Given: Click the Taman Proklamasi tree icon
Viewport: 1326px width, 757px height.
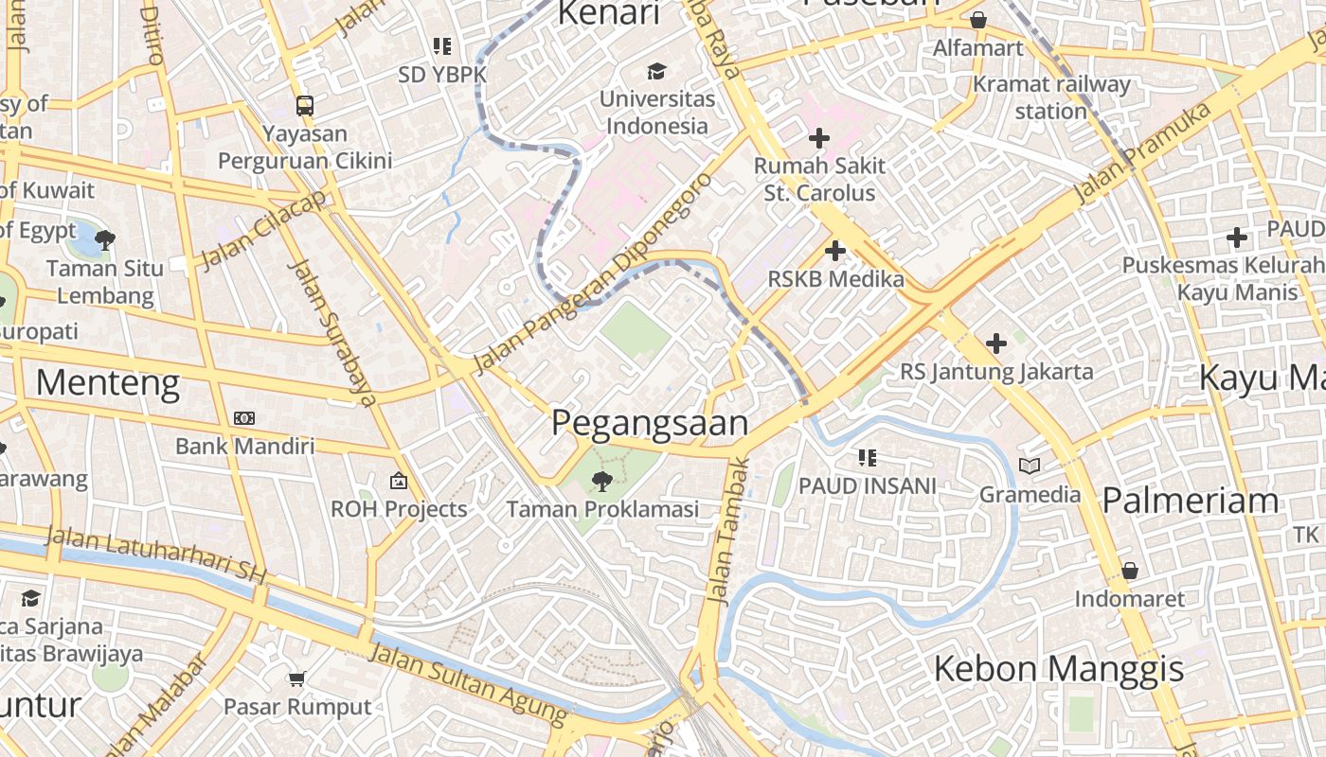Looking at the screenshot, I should (x=600, y=482).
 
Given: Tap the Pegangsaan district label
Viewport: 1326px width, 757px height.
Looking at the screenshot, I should (x=650, y=423).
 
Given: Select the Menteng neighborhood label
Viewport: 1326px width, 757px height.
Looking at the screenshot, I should (x=108, y=383).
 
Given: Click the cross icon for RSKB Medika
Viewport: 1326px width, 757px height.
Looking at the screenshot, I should (x=834, y=252).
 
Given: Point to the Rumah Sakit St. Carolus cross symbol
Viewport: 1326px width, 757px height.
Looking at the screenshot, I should (x=818, y=139).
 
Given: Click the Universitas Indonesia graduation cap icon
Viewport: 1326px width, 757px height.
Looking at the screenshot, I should (x=656, y=72).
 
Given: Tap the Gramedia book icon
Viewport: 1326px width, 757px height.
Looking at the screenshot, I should (x=1030, y=466).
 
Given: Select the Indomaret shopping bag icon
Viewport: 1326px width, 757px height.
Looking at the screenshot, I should (x=1129, y=571).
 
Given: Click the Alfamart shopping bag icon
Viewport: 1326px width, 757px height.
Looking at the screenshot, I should (x=978, y=20).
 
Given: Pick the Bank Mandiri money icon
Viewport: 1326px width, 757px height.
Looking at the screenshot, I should (x=244, y=417).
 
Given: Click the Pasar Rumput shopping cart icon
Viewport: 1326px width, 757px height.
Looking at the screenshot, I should (x=297, y=678).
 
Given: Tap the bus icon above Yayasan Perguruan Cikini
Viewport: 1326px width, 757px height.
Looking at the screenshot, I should (x=304, y=105).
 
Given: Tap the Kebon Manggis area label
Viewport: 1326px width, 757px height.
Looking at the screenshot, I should (x=1058, y=669).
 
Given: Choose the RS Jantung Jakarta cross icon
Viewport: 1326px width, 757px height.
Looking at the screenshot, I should (x=995, y=343).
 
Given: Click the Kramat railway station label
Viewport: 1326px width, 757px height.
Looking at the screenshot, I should (x=1051, y=97).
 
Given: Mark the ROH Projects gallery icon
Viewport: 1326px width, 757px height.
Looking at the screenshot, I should (x=399, y=481).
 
